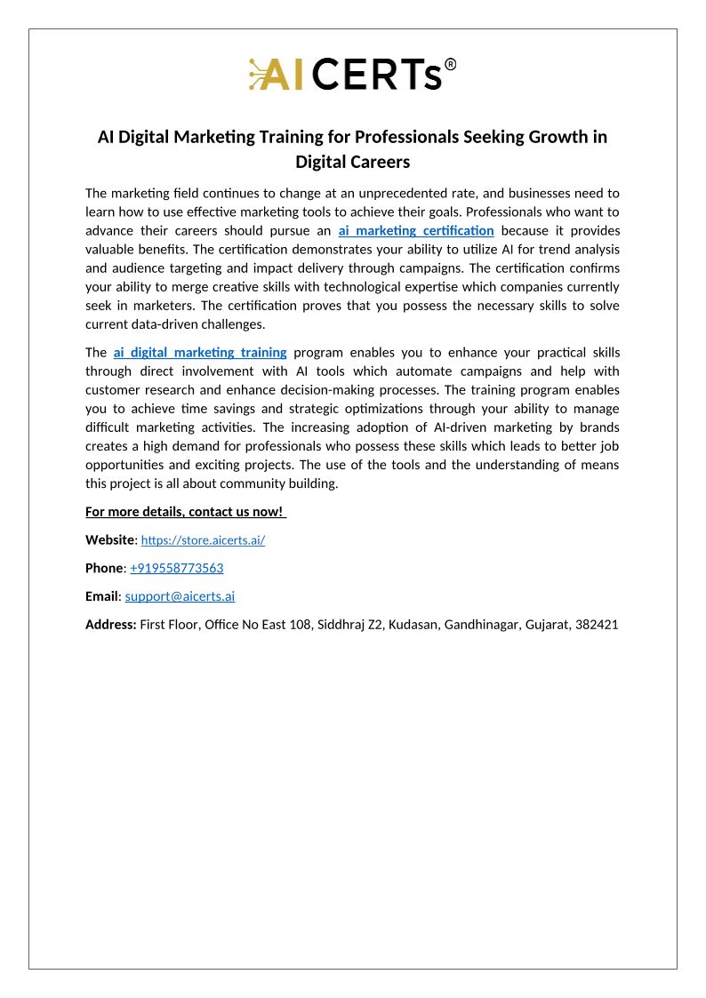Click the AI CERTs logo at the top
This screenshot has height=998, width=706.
pyautogui.click(x=352, y=75)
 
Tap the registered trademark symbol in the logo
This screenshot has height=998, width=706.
pyautogui.click(x=451, y=65)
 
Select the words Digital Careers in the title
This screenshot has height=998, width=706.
pyautogui.click(x=352, y=162)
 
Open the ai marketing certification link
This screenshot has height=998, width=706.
pyautogui.click(x=416, y=231)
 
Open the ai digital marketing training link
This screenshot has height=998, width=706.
pyautogui.click(x=200, y=352)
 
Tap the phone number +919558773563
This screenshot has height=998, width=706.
pyautogui.click(x=177, y=568)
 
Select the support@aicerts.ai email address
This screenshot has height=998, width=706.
pyautogui.click(x=180, y=596)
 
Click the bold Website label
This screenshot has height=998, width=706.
pyautogui.click(x=109, y=539)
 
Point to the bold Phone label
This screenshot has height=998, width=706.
pyautogui.click(x=104, y=568)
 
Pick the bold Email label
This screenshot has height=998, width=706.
pyautogui.click(x=102, y=596)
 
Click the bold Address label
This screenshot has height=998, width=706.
pyautogui.click(x=111, y=625)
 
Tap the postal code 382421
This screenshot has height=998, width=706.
pyautogui.click(x=597, y=625)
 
